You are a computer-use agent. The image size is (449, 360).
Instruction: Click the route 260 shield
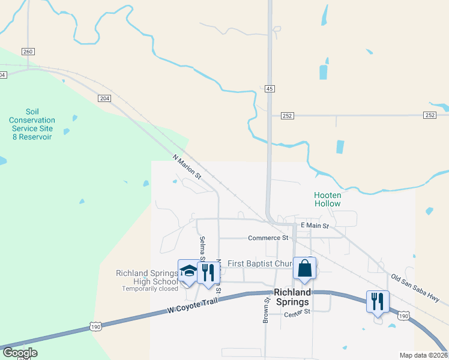[28, 52]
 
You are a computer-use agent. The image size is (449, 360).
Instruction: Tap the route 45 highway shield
[270, 89]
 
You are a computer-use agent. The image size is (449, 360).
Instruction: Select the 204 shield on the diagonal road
[104, 98]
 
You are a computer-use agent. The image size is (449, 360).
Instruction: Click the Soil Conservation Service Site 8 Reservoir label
[32, 124]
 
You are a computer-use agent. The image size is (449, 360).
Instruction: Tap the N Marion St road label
[187, 167]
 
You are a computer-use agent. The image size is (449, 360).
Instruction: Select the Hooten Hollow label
[328, 199]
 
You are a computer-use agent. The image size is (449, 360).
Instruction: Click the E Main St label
[315, 226]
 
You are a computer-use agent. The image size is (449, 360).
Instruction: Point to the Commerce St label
[268, 238]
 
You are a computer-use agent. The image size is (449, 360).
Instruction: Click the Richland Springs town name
[292, 298]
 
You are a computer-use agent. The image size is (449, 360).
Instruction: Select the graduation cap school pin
[188, 271]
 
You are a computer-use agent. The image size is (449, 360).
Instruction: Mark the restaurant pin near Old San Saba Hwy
[378, 301]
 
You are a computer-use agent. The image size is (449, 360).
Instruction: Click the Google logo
[20, 353]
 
